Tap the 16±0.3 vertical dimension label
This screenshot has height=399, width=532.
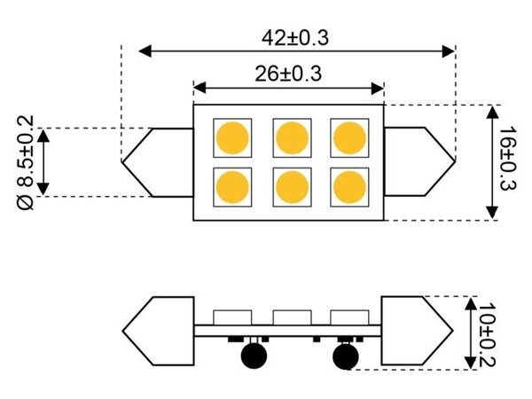click(506, 160)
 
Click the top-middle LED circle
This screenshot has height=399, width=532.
click(291, 137)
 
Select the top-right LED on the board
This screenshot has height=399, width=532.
click(348, 137)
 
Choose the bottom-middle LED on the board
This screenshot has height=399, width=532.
click(291, 185)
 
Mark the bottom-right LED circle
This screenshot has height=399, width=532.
click(348, 185)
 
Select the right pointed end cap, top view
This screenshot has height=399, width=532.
click(419, 161)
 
